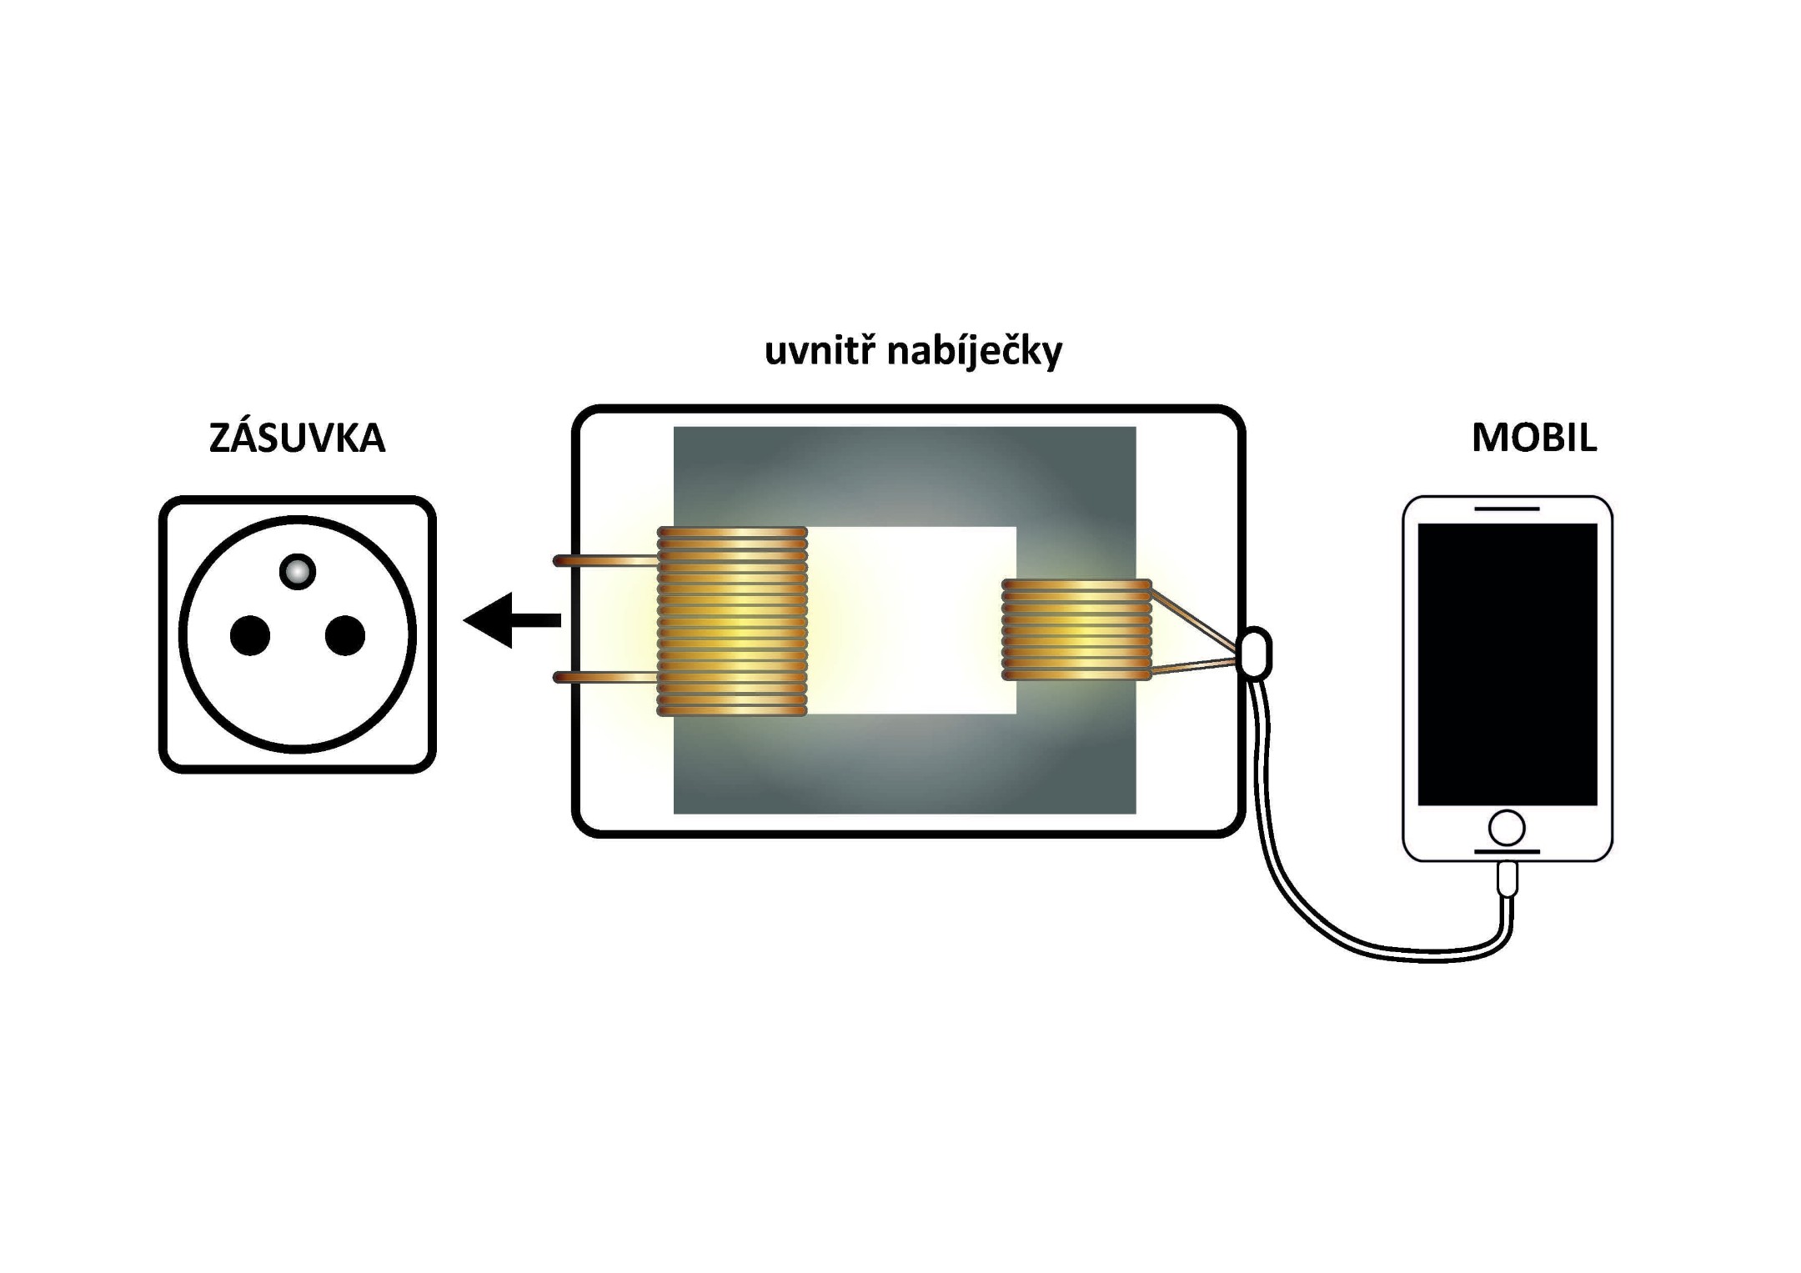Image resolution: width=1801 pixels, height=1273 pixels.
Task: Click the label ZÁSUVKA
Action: pos(297,439)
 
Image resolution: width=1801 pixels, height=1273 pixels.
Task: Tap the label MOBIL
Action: pos(1534,439)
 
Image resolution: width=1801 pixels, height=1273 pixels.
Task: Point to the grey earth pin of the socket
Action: pos(298,572)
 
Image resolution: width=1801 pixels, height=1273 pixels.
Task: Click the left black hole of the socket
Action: pos(250,636)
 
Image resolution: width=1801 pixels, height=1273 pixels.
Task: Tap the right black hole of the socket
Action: pos(345,636)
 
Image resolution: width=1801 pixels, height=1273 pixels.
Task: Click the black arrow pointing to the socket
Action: pos(510,620)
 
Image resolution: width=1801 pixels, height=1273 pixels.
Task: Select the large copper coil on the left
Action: pos(732,621)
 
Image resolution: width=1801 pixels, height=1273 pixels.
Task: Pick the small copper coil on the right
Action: pos(1076,629)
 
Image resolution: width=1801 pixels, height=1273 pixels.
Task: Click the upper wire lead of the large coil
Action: pos(605,561)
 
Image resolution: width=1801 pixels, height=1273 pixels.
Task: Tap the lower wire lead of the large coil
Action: pos(605,678)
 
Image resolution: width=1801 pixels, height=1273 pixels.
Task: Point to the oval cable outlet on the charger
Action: pos(1256,654)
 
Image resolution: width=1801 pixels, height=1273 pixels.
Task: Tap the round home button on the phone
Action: pos(1507,829)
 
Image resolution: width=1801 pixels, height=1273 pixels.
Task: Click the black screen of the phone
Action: pos(1508,664)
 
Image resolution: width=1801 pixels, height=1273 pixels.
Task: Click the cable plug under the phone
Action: pos(1508,880)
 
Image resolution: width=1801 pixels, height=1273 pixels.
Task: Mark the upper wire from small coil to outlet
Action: pos(1192,619)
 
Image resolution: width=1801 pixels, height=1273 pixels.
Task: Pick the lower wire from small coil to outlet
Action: pos(1192,666)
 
